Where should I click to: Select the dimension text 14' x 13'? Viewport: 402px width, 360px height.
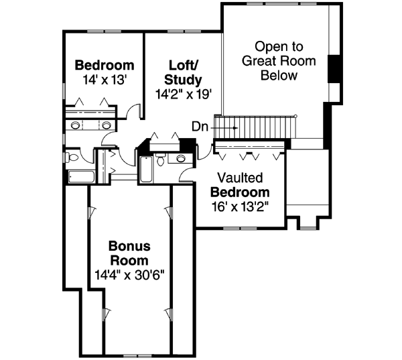105,79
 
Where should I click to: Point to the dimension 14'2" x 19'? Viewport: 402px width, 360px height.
184,95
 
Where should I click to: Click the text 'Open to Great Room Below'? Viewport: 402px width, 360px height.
279,61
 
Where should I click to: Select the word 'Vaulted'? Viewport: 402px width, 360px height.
239,178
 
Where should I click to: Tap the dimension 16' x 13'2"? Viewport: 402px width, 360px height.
240,206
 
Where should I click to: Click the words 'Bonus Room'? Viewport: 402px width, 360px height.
130,253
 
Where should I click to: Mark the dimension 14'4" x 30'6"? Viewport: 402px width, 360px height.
130,274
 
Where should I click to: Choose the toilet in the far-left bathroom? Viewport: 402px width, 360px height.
74,157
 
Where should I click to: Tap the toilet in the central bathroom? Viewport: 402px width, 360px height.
161,160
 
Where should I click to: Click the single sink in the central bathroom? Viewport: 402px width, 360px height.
180,159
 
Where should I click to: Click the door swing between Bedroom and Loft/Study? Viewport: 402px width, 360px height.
136,113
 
